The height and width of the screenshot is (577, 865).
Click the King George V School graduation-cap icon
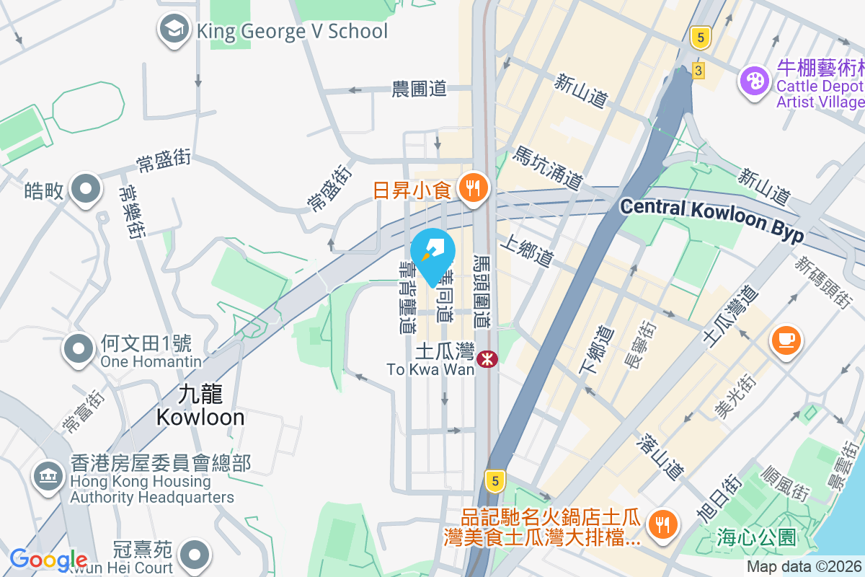click(173, 30)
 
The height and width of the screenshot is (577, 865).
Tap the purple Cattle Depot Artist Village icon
click(755, 79)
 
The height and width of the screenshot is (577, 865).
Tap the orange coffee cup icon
click(786, 339)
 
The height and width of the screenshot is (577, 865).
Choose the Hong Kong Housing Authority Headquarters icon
click(48, 475)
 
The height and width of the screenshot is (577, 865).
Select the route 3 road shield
click(698, 71)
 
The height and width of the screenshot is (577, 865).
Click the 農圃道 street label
click(420, 89)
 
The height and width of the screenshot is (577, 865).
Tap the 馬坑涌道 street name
click(548, 167)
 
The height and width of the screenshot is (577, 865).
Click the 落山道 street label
click(660, 457)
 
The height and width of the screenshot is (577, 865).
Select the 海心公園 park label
click(756, 537)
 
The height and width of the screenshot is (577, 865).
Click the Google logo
click(48, 560)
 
